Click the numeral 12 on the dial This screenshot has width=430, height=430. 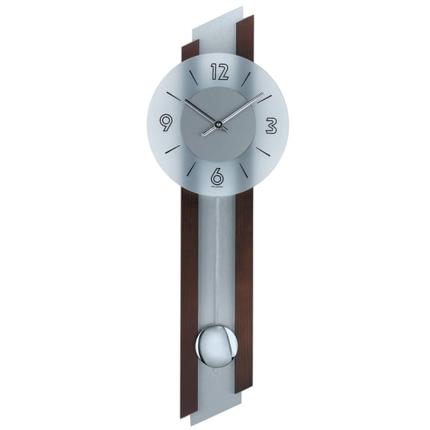[x=219, y=72]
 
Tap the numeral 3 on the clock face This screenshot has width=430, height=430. [x=271, y=126]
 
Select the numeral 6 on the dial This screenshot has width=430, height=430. [x=217, y=177]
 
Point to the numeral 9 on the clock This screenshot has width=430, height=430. [x=166, y=122]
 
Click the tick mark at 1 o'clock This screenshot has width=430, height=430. [x=246, y=78]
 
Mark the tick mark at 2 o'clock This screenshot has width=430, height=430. [x=264, y=97]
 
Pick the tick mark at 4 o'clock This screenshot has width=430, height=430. [x=264, y=151]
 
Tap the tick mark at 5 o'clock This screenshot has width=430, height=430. [x=244, y=170]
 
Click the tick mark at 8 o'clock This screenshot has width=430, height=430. [x=172, y=149]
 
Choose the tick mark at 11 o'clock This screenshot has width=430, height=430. [x=193, y=76]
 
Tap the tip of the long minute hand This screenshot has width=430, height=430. [x=262, y=95]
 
